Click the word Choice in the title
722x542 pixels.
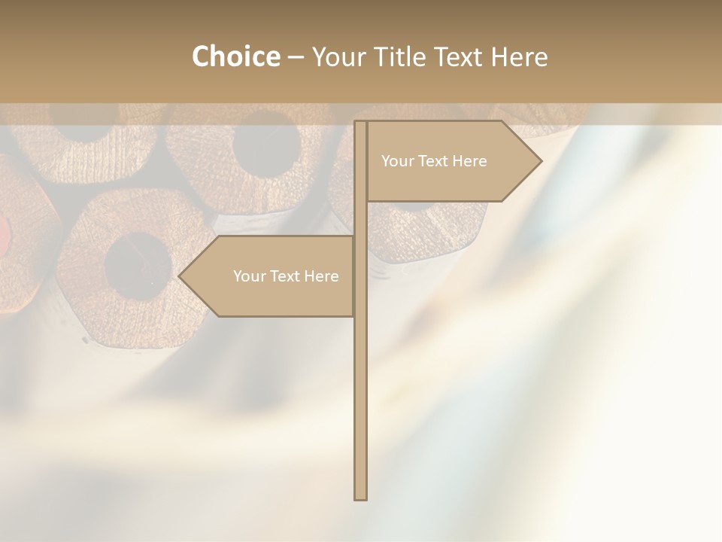coord(235,56)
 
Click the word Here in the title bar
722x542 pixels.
coord(519,56)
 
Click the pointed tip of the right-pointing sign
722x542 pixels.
coord(540,160)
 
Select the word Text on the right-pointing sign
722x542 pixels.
coord(435,161)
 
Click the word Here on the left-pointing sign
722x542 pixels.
coord(321,276)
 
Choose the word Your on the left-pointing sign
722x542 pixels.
coord(249,276)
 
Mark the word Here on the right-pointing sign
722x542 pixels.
coord(469,161)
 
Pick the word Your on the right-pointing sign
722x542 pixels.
coord(397,161)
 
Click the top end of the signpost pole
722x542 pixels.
coord(360,123)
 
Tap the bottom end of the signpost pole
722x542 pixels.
coord(360,498)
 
